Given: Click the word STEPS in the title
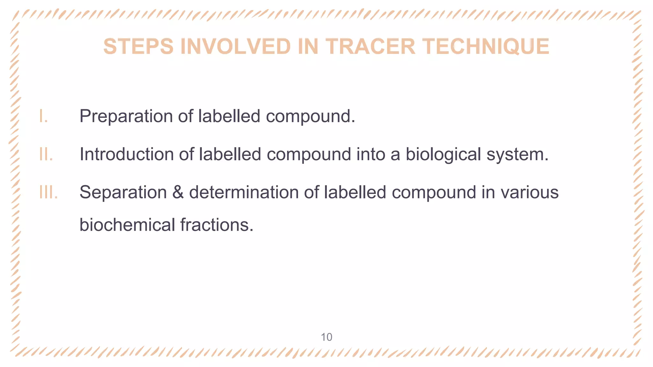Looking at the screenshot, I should point(138,47).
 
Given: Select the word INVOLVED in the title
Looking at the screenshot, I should point(236,47).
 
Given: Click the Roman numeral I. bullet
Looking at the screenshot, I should point(43,116).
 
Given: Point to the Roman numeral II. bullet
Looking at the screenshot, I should point(46,154).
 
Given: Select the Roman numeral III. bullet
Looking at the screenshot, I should point(48,192).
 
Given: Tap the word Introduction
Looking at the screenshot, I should point(126,155).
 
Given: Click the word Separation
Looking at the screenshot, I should point(123,193).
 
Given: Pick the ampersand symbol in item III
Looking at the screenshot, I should point(178,193).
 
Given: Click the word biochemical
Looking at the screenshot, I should point(127,225).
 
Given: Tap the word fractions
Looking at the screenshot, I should point(216,225).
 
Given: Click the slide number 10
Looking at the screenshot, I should point(326,337).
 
